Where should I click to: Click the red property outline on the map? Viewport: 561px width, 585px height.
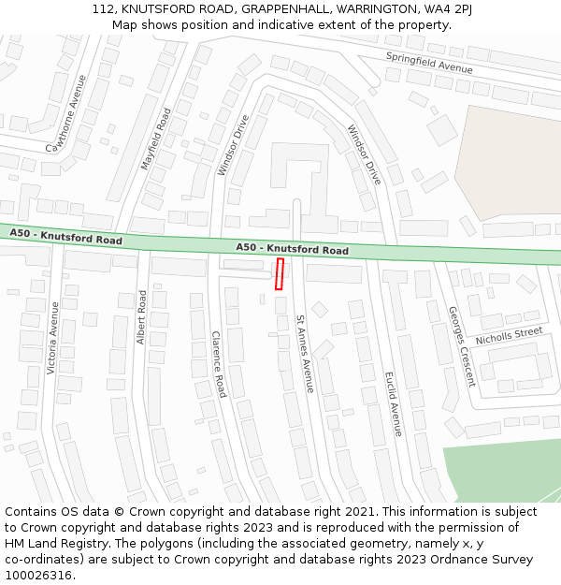(279, 274)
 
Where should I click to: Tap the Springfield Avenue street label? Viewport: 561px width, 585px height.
(429, 63)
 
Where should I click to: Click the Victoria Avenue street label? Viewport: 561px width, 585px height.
(53, 338)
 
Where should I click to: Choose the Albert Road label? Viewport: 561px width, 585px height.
(142, 317)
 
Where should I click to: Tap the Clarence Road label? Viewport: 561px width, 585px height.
(218, 364)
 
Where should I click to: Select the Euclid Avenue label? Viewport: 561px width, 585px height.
(393, 403)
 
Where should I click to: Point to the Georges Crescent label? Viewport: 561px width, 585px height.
(461, 346)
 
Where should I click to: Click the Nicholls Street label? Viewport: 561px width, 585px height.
(509, 335)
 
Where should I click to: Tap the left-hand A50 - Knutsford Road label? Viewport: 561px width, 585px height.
(66, 236)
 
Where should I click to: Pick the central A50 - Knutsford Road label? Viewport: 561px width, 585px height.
(293, 248)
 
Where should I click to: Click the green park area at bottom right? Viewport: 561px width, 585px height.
(505, 468)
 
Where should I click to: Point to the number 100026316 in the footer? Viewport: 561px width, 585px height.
(38, 575)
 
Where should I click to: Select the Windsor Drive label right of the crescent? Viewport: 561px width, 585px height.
(365, 154)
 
